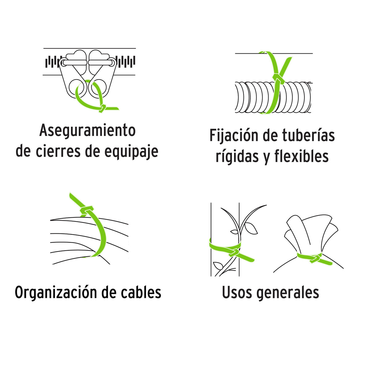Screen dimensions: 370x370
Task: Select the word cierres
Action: click(x=58, y=151)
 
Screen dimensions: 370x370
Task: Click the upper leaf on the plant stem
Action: click(x=250, y=228)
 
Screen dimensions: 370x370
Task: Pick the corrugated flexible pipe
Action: click(x=273, y=97)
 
